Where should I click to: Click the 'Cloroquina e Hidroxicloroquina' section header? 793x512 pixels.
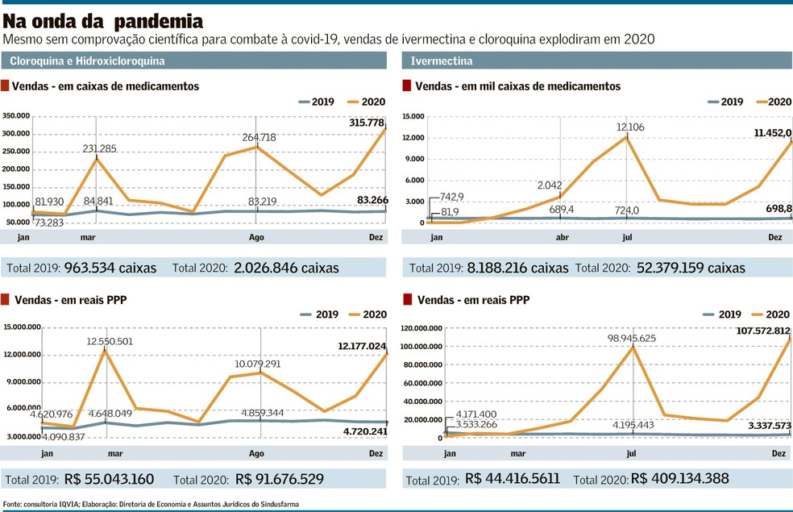pos(88,61)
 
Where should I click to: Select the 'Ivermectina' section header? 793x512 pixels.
pos(442,61)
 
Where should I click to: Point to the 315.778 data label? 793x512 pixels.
pos(367,123)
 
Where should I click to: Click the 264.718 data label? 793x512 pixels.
pos(259,137)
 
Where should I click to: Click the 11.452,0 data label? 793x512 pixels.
pos(772,132)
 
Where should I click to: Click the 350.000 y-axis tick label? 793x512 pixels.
pos(17,117)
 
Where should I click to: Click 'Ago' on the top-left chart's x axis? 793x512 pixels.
pos(256,237)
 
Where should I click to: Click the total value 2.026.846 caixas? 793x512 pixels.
pos(286,268)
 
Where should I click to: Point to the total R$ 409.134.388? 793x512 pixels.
pos(680,479)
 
